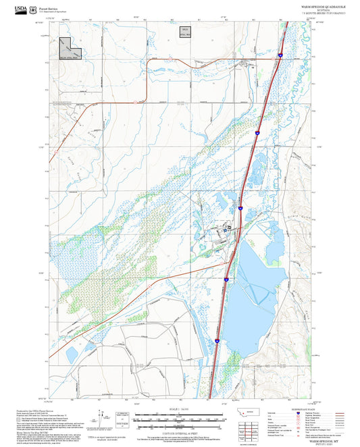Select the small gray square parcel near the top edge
point(184,31)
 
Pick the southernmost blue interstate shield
point(217,341)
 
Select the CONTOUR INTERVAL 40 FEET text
point(180,427)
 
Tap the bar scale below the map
point(180,415)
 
